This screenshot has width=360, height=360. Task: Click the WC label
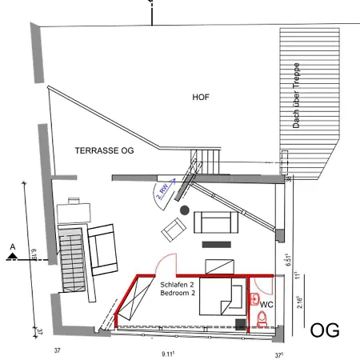(x=267, y=305)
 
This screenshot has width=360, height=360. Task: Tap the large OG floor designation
(x=324, y=330)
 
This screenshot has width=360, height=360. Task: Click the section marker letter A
(x=11, y=246)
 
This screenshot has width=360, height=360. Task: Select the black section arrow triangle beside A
(x=11, y=257)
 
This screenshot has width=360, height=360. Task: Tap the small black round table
(x=184, y=210)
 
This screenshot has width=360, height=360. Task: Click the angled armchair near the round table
(x=174, y=232)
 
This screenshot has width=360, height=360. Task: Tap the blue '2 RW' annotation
(x=162, y=191)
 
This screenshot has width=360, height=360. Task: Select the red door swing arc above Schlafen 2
(x=166, y=264)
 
